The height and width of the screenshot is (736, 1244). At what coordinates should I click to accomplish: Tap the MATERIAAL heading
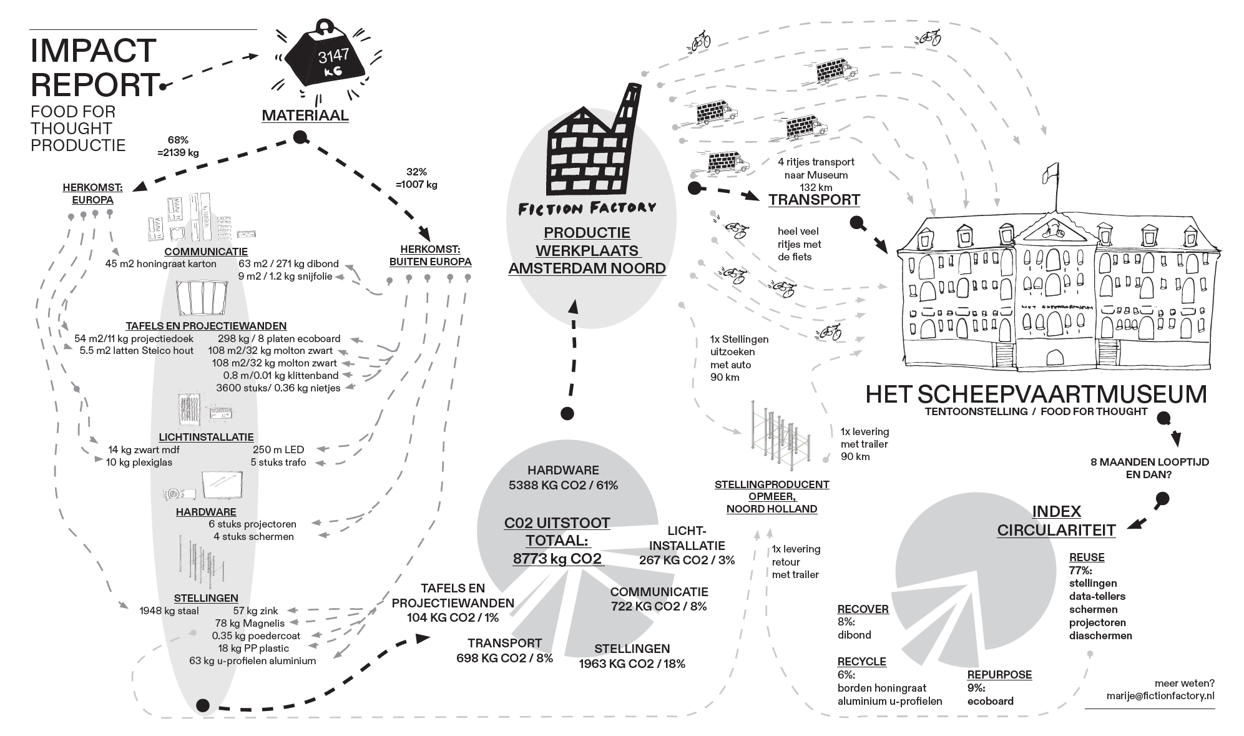pos(305,115)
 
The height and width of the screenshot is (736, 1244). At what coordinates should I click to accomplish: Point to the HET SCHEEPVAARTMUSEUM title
pos(1036,395)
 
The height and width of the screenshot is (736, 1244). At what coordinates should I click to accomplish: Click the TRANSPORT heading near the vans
pos(814,200)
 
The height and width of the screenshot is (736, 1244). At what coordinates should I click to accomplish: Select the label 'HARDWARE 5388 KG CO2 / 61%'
pos(563,478)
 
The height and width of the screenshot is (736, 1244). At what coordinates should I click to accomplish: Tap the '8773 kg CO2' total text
pos(557,559)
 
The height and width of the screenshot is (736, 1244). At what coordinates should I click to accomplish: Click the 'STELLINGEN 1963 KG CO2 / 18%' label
pos(632,656)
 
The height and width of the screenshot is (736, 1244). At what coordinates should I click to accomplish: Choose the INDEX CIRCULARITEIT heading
pos(1056,521)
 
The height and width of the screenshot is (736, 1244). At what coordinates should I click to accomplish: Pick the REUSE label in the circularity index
pos(1087,557)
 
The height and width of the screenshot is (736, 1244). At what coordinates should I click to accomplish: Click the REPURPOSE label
pos(999,675)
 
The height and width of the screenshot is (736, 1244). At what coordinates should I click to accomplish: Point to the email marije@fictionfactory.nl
pos(1160,696)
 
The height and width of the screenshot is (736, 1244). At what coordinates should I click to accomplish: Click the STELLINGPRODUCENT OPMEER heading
pos(771,496)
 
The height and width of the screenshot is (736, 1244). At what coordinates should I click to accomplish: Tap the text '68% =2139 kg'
pos(178,146)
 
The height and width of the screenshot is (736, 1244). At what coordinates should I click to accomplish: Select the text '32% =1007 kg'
pos(416,178)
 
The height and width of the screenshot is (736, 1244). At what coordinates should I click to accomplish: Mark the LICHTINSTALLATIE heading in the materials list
pos(206,437)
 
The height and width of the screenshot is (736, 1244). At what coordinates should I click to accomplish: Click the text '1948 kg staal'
pos(169,611)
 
